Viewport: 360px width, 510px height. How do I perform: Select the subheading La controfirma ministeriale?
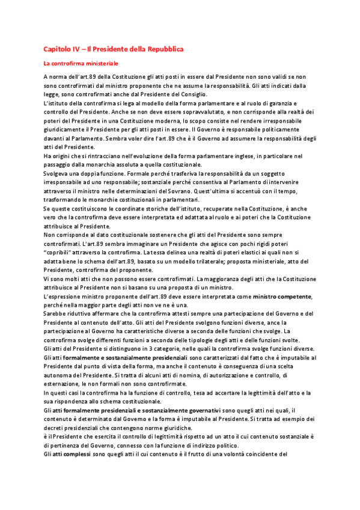[x=81, y=63]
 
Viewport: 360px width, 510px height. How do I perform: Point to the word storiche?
[x=172, y=208]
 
